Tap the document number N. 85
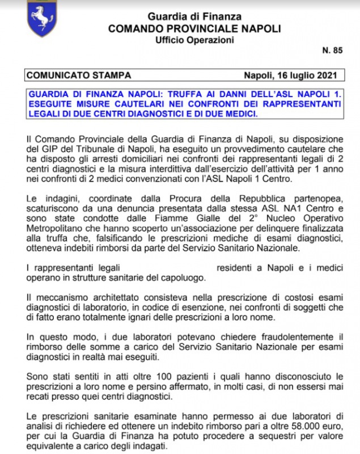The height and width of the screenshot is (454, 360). pos(332,51)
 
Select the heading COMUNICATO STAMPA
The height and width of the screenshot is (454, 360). pos(78,75)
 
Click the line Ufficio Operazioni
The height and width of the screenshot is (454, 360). pos(194,40)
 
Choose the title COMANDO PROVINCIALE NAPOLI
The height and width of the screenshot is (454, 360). pos(194,28)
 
